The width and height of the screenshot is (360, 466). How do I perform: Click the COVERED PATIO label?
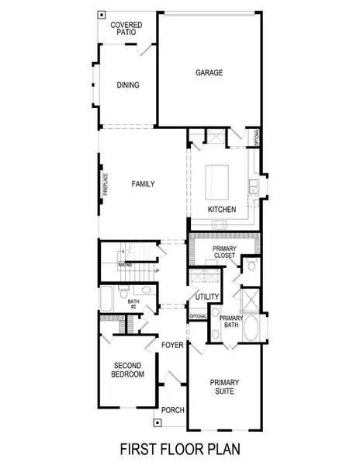(x=126, y=29)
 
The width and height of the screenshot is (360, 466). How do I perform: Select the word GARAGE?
(x=209, y=73)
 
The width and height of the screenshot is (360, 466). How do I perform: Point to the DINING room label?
(x=128, y=85)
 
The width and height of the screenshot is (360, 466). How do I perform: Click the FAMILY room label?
(x=143, y=184)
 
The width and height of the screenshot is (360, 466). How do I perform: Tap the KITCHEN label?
(x=222, y=210)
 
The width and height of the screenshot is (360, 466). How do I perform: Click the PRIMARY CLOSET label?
(x=226, y=252)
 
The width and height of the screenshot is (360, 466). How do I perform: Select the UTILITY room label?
(x=206, y=297)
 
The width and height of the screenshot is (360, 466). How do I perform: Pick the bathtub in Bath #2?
(x=107, y=299)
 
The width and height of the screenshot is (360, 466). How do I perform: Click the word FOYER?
(x=171, y=345)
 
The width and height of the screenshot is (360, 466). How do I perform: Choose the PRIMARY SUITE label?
(x=225, y=386)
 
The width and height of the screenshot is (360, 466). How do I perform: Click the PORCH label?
(x=171, y=410)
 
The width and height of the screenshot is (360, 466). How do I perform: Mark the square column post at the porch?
(x=157, y=423)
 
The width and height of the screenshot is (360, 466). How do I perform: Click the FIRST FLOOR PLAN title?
(x=179, y=449)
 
